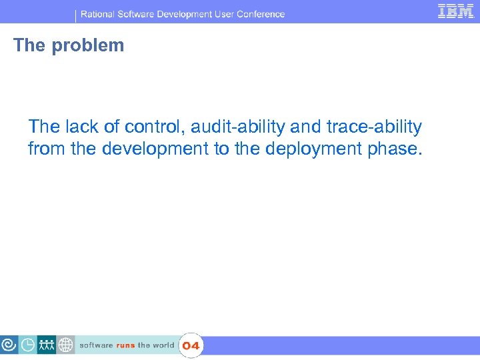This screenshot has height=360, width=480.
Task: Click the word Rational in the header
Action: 101,14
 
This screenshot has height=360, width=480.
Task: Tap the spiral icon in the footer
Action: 9,345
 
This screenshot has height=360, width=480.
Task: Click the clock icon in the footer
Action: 28,345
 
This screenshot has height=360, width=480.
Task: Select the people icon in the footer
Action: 47,345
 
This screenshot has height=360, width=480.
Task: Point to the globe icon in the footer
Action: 65,345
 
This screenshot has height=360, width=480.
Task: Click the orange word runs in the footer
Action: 125,345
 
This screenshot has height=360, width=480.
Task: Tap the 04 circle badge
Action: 191,345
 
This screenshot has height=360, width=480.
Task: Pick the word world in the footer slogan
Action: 163,345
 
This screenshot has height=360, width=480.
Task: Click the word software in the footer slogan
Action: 96,345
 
